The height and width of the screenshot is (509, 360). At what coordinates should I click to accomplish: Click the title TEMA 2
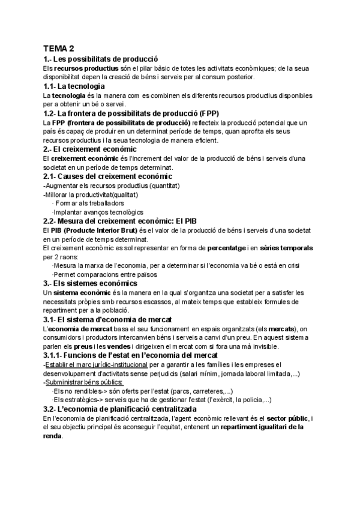point(59,49)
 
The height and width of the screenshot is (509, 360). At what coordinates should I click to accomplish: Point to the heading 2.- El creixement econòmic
point(90,149)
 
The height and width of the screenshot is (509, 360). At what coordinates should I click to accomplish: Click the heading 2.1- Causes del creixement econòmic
point(107,176)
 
